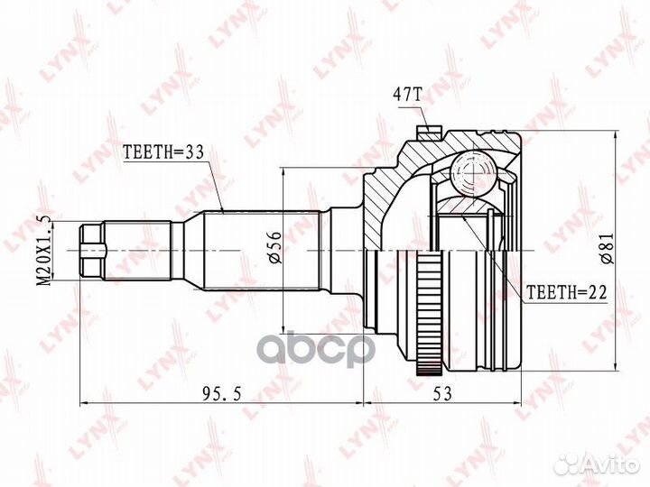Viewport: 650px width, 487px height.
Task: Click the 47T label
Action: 407,94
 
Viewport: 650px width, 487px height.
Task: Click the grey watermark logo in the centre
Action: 325,346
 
